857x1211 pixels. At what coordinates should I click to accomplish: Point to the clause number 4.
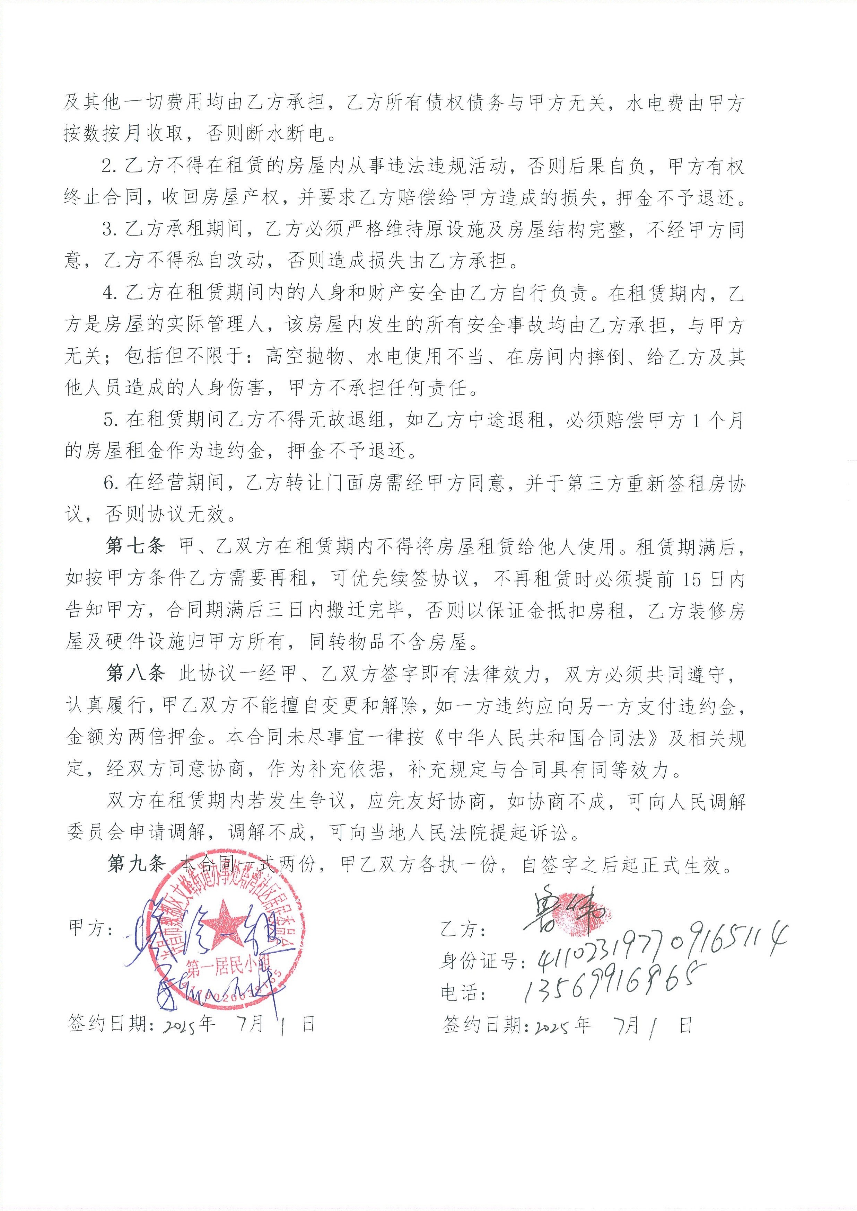click(x=109, y=294)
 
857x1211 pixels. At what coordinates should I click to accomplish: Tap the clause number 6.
click(x=109, y=483)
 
